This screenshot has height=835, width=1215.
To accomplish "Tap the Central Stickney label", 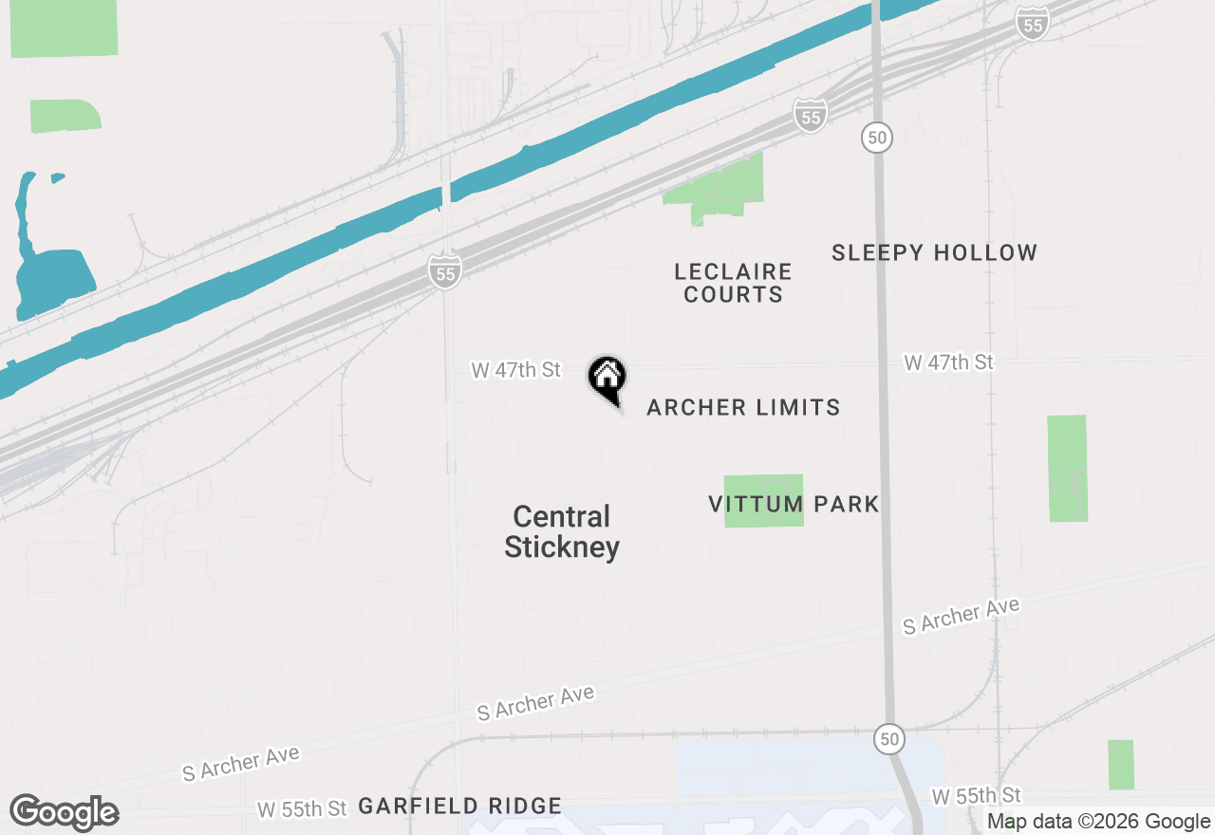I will coord(562,532).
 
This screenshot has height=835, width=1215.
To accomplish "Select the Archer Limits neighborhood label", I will coord(743,408).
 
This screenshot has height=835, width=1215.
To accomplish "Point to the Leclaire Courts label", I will coord(733,283).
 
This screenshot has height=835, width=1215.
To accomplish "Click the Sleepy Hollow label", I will coord(934,253).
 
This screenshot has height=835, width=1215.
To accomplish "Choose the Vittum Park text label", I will coord(794,504).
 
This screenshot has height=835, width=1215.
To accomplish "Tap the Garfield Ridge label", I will coord(459,807).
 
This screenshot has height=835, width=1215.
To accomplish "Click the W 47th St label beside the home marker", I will coord(516,370).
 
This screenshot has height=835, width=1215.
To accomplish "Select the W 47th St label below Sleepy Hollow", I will coord(948,362).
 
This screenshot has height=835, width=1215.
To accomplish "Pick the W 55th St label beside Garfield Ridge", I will coord(302,809).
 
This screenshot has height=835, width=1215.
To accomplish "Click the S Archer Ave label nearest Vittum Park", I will coord(961,616).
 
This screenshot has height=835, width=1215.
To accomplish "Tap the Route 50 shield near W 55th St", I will coord(888,738).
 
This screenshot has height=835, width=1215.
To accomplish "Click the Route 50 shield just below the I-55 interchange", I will coord(877,138).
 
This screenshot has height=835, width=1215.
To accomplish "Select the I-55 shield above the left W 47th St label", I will coord(444,271).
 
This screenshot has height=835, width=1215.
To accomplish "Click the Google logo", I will coord(65,813).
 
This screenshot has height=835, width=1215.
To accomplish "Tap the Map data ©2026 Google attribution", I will coord(1098,822).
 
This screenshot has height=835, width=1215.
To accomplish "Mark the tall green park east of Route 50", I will coord(1067,468).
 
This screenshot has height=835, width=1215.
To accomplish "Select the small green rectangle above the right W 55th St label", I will coord(1120,764).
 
